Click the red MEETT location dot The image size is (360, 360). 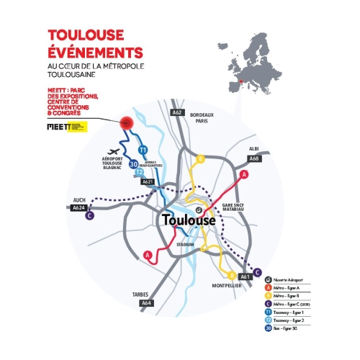coord(129,122)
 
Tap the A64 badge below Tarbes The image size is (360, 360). coord(147,303)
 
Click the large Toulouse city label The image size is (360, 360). coord(188,220)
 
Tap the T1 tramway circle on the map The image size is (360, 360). coord(143,150)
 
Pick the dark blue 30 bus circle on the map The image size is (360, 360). coord(133,164)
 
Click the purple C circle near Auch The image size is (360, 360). coord(89,215)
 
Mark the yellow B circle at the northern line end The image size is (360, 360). coord(201,158)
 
